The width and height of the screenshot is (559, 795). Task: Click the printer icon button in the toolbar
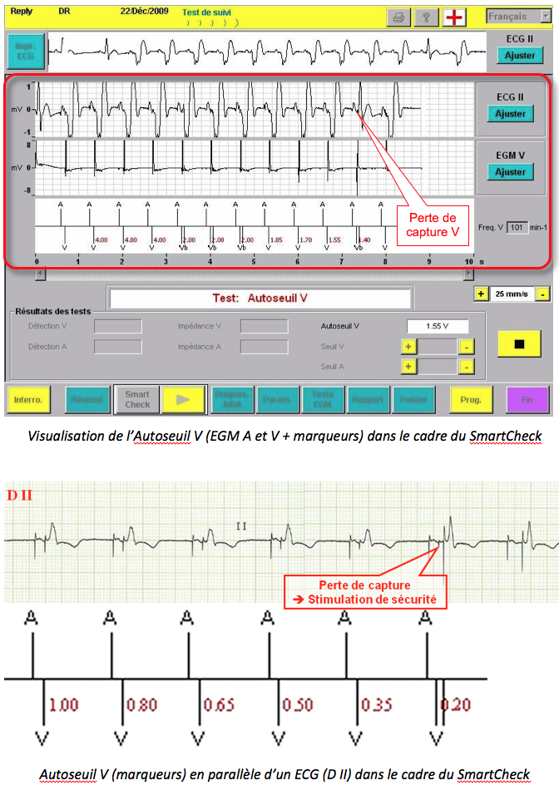point(398,17)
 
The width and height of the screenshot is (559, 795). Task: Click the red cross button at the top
point(454,17)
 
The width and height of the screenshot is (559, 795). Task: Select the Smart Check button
point(136,399)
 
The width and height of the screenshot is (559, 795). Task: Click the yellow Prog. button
point(471,399)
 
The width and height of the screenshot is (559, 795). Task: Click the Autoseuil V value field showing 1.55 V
point(437,326)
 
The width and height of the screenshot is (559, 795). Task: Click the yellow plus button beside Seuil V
point(408,346)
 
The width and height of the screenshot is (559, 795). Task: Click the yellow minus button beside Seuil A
point(467,366)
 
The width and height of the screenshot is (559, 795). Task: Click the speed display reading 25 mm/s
point(512,294)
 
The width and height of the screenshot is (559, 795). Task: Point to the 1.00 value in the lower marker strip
point(64,705)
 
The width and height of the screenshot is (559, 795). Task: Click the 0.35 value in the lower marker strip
point(377,705)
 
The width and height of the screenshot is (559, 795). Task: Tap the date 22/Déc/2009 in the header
point(144,12)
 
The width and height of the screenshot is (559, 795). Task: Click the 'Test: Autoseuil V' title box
point(260,298)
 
